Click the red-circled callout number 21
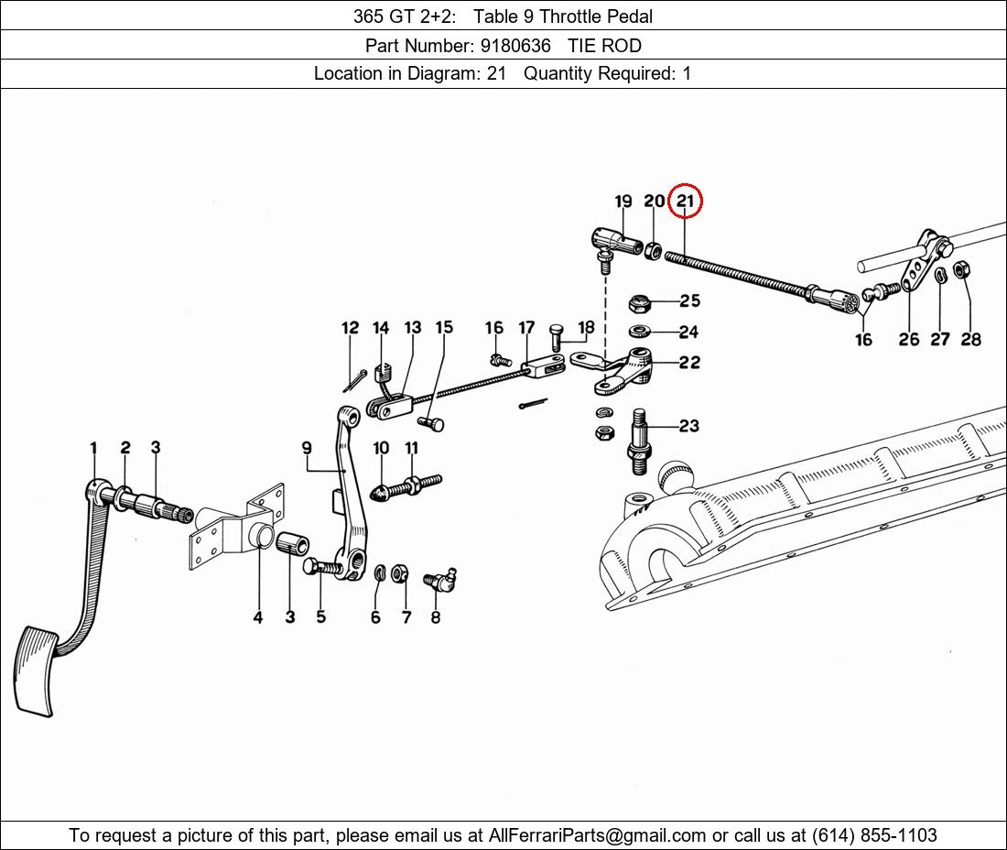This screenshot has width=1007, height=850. [x=686, y=202]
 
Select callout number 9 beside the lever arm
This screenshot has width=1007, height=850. [x=307, y=447]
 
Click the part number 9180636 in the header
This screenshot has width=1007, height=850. [x=515, y=46]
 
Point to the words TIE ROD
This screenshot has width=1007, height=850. [x=604, y=46]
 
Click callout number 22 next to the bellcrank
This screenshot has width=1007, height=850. [x=689, y=363]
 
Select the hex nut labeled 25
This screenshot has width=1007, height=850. [x=638, y=301]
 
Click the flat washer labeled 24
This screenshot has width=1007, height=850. [x=639, y=332]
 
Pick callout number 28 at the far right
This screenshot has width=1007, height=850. [x=971, y=339]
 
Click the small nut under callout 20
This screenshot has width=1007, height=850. [x=653, y=250]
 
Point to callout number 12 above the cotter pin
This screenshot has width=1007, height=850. [x=350, y=328]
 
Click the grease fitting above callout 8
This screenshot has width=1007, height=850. [x=440, y=578]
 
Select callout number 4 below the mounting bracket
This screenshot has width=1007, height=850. [x=257, y=617]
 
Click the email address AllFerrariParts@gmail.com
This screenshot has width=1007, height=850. [x=597, y=835]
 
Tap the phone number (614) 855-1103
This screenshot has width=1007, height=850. [x=874, y=835]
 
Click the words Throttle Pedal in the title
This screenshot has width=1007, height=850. [x=595, y=16]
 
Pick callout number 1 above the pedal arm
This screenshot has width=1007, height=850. [x=93, y=448]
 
